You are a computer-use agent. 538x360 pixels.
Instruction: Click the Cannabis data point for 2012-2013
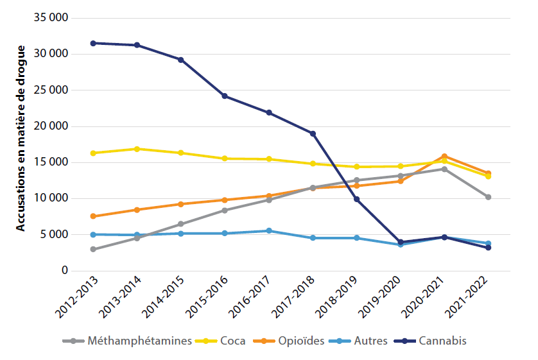(93, 43)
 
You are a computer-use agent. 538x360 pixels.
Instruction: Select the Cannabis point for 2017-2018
(313, 133)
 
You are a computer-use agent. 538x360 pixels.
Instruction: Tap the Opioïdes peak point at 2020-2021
(444, 156)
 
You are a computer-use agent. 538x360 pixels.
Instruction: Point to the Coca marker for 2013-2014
(137, 149)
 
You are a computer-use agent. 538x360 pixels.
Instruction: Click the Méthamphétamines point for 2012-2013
(93, 249)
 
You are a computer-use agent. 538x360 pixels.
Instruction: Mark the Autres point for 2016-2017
(269, 230)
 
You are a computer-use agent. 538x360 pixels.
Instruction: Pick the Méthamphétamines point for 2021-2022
(488, 197)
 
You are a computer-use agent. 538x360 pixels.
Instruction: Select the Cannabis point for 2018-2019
(356, 199)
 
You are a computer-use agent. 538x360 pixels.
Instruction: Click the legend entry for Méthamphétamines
(137, 341)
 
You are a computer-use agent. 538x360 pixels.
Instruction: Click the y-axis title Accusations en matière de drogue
(21, 138)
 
